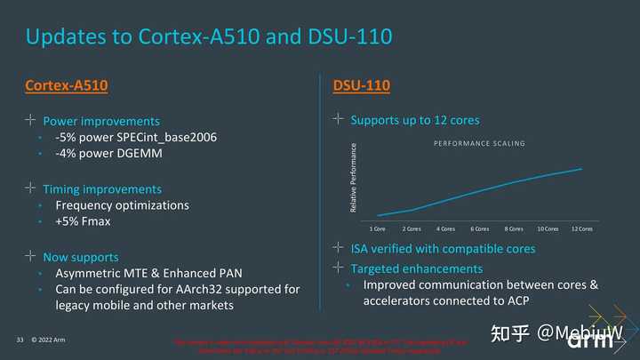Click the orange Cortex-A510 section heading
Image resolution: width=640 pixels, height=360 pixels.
pyautogui.click(x=67, y=85)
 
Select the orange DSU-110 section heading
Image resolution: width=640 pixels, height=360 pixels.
pyautogui.click(x=361, y=85)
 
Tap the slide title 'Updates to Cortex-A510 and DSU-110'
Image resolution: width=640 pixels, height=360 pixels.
pyautogui.click(x=209, y=37)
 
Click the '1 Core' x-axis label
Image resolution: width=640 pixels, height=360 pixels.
pyautogui.click(x=378, y=228)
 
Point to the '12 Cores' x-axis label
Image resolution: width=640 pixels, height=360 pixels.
pyautogui.click(x=581, y=228)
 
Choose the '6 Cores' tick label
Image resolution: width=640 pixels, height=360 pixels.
pyautogui.click(x=480, y=228)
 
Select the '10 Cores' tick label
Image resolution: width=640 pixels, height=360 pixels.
pyautogui.click(x=548, y=228)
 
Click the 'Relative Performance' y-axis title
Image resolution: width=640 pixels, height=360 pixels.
pyautogui.click(x=354, y=178)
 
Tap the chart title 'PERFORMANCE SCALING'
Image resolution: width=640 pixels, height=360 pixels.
pyautogui.click(x=479, y=143)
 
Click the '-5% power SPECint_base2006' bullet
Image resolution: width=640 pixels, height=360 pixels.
pyautogui.click(x=135, y=137)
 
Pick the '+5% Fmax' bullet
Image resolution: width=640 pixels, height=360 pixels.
pyautogui.click(x=83, y=221)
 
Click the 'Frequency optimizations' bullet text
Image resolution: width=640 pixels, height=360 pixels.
pyautogui.click(x=122, y=205)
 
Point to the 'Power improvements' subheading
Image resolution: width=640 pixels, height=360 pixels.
pyautogui.click(x=101, y=121)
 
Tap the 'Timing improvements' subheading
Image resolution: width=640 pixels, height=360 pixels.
pyautogui.click(x=102, y=189)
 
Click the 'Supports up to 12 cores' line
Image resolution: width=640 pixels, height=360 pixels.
pyautogui.click(x=416, y=119)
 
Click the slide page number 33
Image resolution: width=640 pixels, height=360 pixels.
pyautogui.click(x=20, y=340)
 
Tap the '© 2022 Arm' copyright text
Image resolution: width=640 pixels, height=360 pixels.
pyautogui.click(x=48, y=340)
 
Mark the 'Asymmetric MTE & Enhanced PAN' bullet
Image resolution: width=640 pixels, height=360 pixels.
pyautogui.click(x=148, y=274)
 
